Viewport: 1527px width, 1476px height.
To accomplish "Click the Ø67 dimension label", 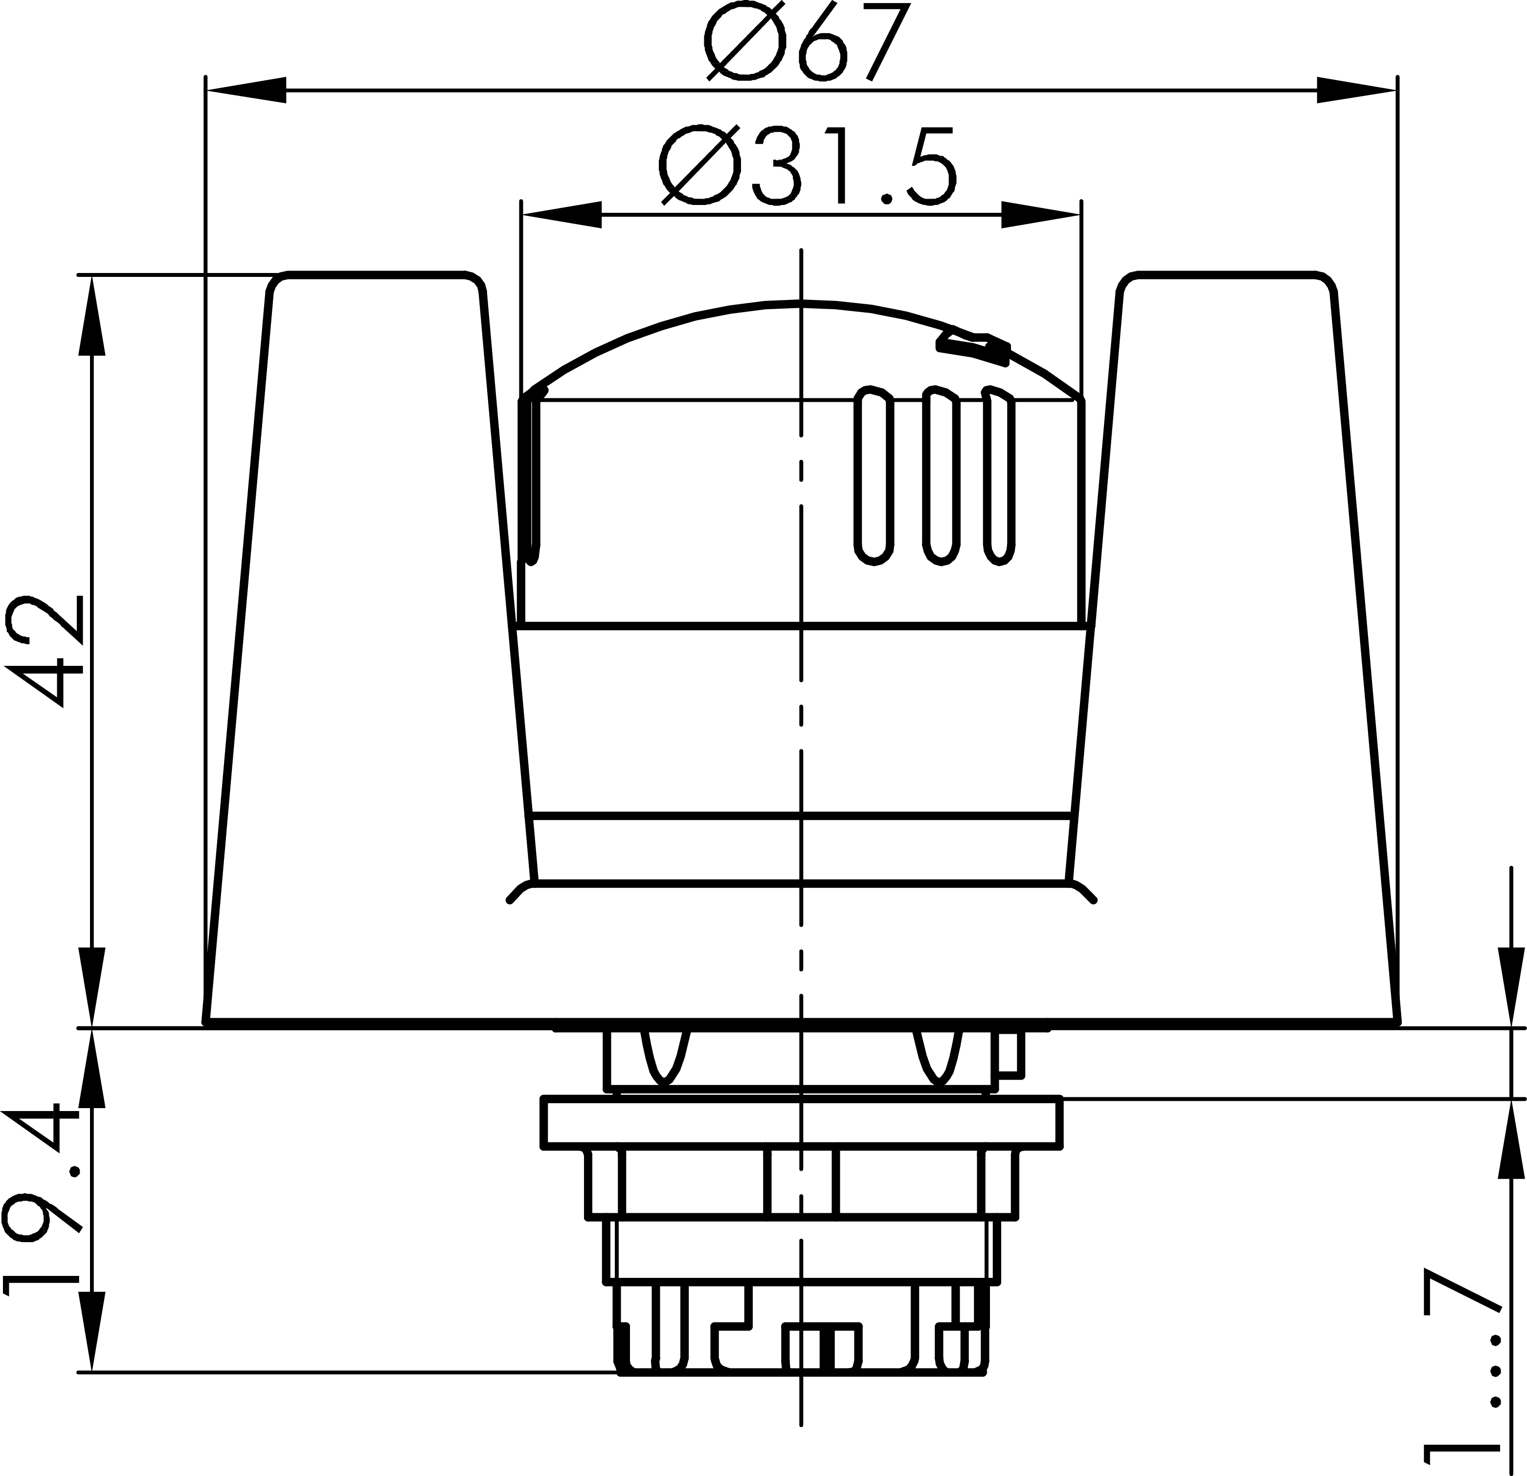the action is tap(807, 41).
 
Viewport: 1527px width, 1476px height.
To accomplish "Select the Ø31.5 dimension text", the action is tap(807, 166).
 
